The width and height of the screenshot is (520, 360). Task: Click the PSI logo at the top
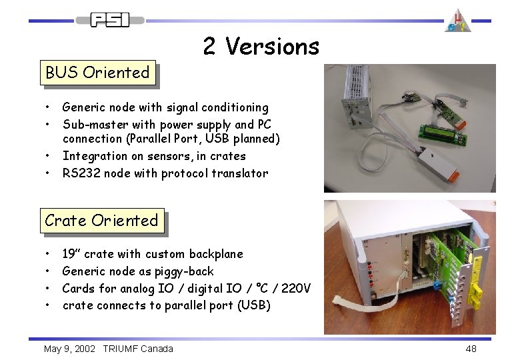click(x=110, y=20)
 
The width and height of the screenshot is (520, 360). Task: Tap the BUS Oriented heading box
click(x=97, y=72)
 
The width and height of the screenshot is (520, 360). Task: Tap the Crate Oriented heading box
click(x=101, y=221)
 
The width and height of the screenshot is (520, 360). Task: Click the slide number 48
click(x=471, y=349)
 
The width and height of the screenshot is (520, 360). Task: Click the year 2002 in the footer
click(x=85, y=349)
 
